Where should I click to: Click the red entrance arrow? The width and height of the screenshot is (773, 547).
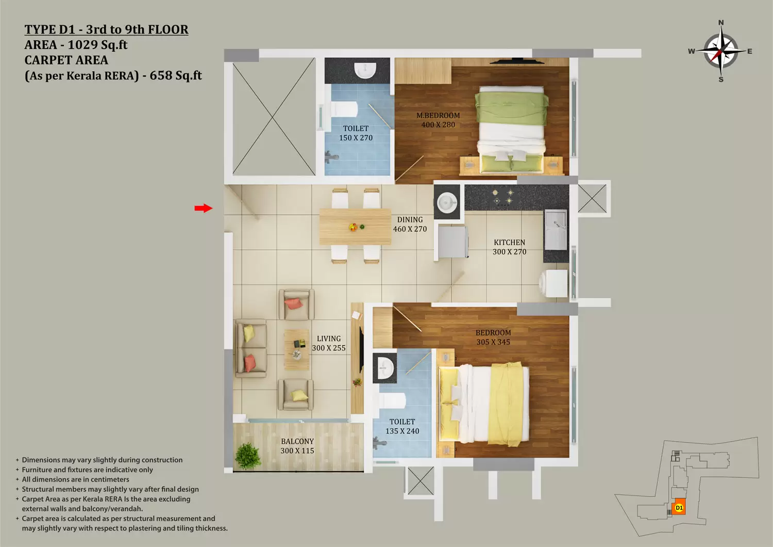pos(204,208)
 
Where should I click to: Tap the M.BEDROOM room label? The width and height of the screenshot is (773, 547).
pos(438,116)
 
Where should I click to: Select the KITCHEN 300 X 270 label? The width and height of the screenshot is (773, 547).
pos(509,247)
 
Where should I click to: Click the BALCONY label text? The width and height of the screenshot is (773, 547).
pos(297,441)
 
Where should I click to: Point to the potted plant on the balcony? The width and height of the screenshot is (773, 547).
pos(247,456)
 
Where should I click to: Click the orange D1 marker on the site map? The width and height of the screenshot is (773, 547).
pos(679,508)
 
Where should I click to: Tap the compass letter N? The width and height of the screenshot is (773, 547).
pos(721,23)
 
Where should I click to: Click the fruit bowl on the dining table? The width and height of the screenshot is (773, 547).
pos(353,227)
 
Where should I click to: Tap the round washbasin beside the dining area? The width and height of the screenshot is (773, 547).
pos(447,202)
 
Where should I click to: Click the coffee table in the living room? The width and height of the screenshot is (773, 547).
pos(296,349)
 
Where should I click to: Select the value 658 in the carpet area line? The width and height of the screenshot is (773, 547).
pos(160,75)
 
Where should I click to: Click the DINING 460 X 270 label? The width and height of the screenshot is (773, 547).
pos(410,224)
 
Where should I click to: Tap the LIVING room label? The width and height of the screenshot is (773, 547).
pos(329,339)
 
